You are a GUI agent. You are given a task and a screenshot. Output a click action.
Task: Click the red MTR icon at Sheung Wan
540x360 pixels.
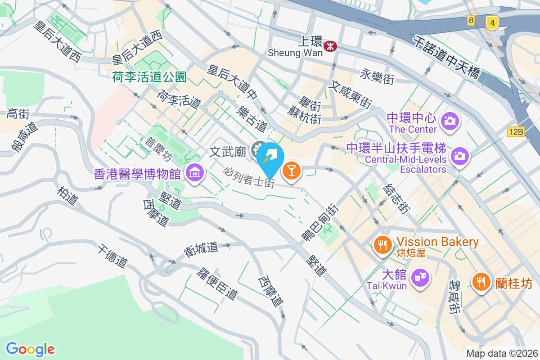tap(331, 45)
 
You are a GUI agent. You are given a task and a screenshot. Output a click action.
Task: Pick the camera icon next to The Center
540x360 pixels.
tap(449, 121)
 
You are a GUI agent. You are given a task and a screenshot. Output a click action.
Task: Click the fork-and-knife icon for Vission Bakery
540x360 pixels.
tap(383, 245)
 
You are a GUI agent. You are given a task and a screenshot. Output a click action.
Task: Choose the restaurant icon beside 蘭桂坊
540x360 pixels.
tap(481, 282)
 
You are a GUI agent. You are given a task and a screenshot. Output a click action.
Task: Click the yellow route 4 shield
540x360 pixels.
tap(493, 22)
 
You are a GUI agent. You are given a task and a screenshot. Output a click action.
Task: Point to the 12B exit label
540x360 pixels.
tap(516, 132)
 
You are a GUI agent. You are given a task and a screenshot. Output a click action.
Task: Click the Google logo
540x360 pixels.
tap(30, 349)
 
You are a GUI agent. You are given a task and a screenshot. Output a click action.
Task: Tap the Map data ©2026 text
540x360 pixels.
tap(501, 353)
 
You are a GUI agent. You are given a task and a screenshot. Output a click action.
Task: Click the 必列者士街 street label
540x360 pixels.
tap(249, 177)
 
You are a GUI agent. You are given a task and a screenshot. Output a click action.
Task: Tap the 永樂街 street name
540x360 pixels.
tap(378, 76)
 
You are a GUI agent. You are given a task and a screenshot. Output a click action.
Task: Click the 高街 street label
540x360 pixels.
tap(18, 114)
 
